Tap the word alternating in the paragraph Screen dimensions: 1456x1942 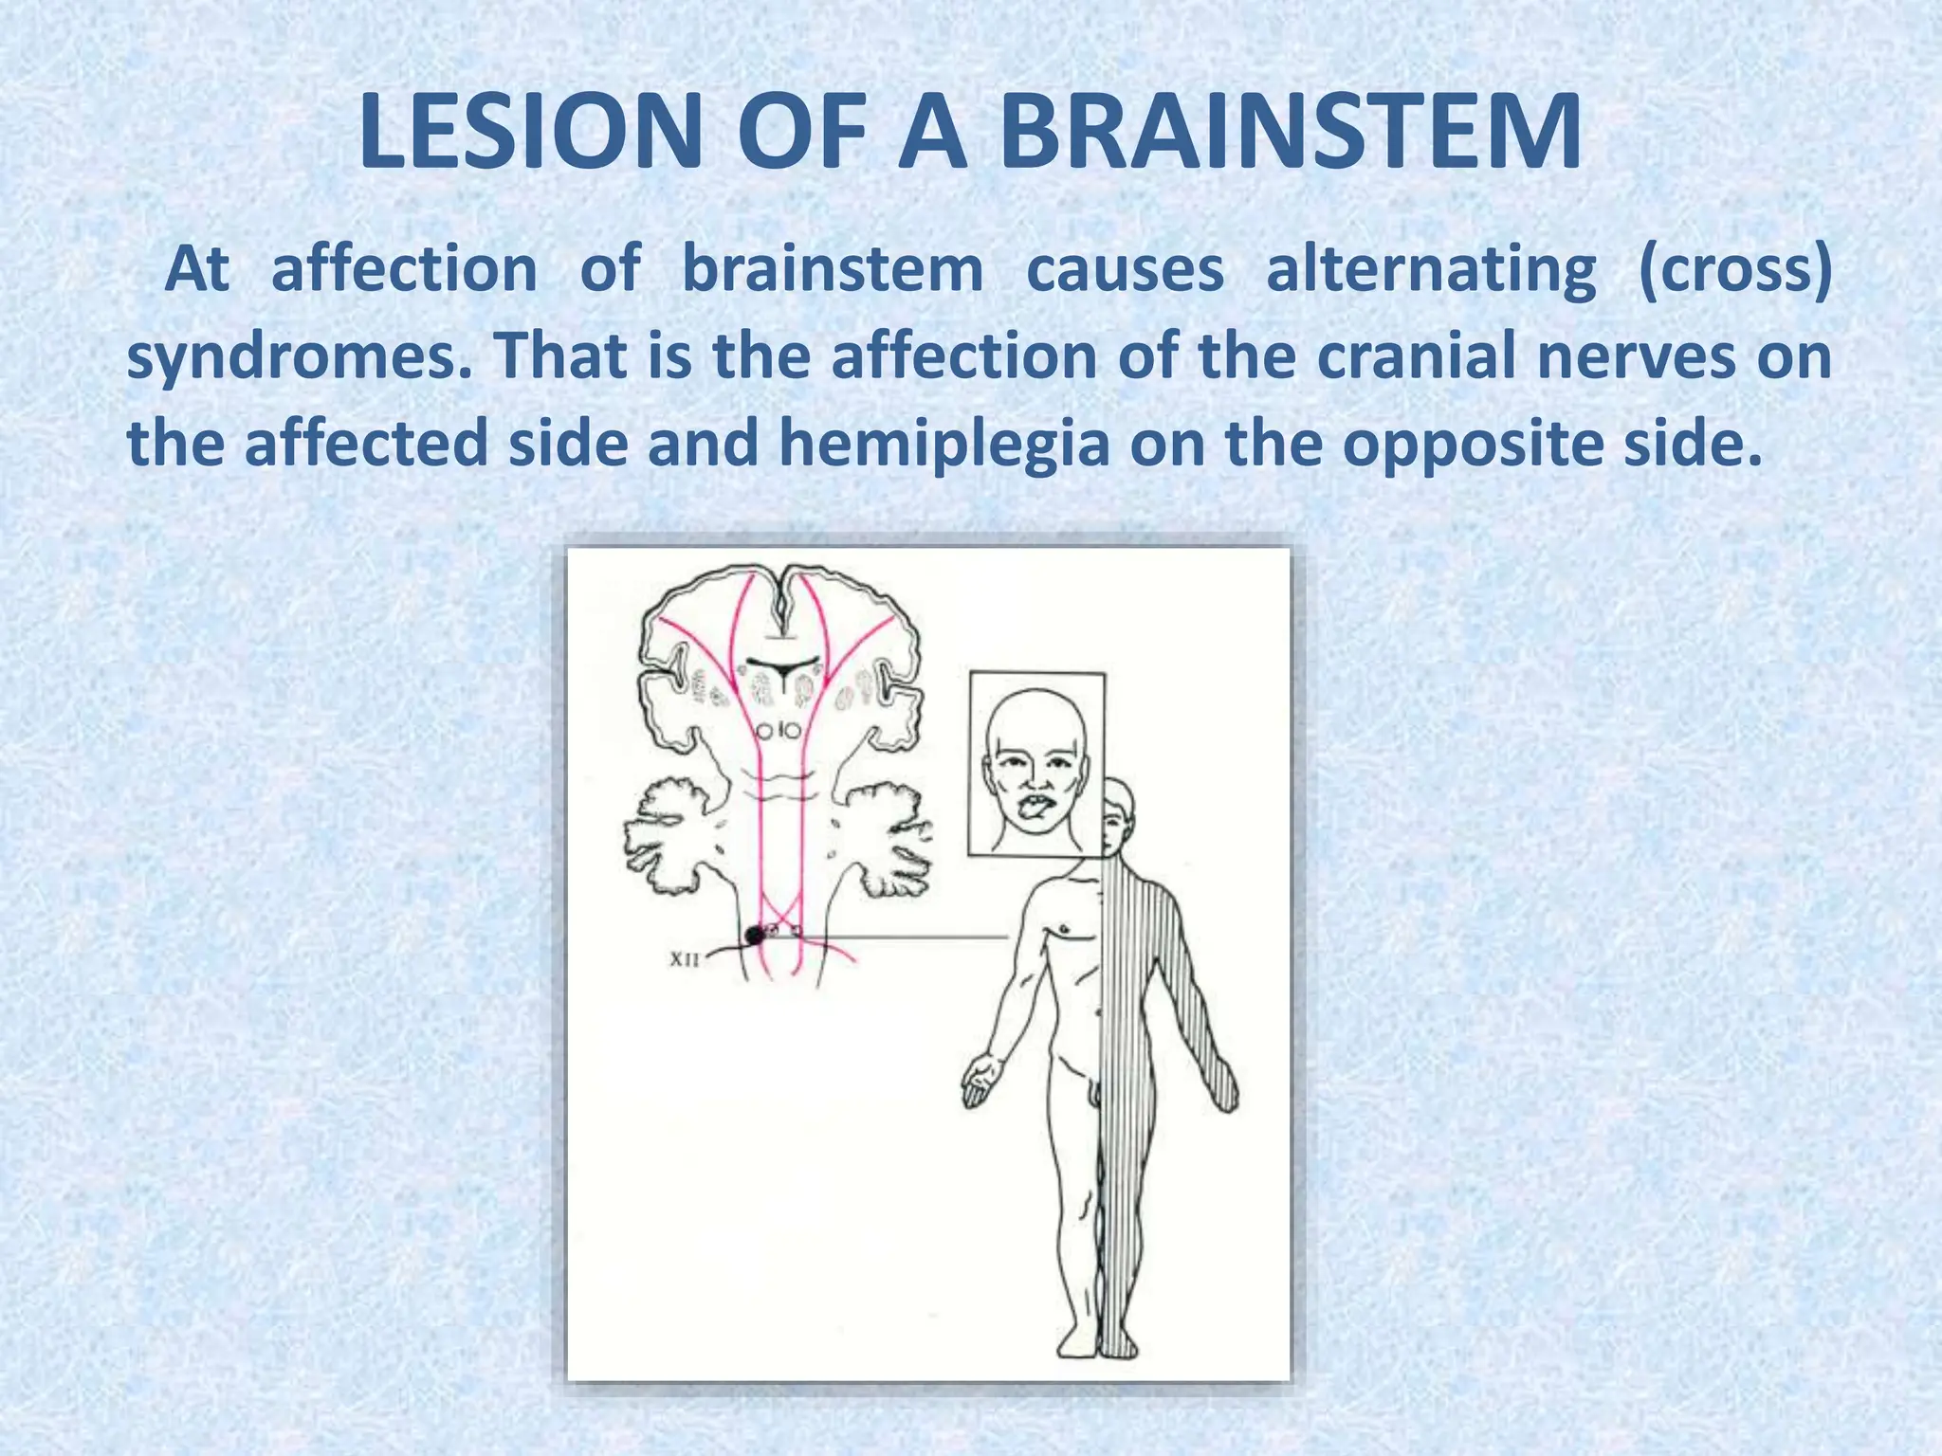[x=1431, y=269]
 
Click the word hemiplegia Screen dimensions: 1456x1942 [x=944, y=444]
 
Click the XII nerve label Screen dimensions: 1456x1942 [x=684, y=959]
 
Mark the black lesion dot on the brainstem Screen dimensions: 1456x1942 [x=754, y=936]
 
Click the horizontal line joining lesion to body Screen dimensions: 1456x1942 [x=901, y=937]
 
